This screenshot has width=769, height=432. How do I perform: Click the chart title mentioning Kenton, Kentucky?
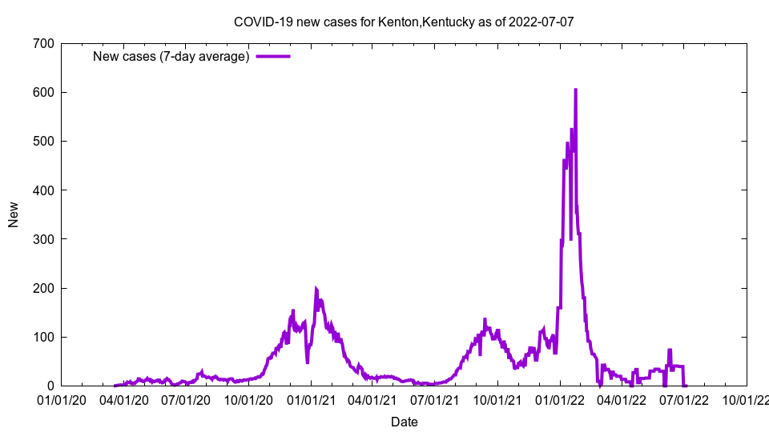click(x=404, y=22)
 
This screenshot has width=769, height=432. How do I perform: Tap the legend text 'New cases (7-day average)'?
click(x=171, y=56)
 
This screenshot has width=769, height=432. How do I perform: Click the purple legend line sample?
click(x=272, y=56)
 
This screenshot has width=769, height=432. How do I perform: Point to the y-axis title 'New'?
click(x=14, y=214)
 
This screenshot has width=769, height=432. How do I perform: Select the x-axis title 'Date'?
click(x=404, y=422)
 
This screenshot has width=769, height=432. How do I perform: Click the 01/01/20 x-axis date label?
click(x=61, y=399)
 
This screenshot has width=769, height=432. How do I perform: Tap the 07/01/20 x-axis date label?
click(x=186, y=399)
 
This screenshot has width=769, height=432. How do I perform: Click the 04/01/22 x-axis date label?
click(x=622, y=399)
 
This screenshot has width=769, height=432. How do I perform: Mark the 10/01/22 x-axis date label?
click(x=747, y=399)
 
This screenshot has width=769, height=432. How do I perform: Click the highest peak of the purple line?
click(x=575, y=90)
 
